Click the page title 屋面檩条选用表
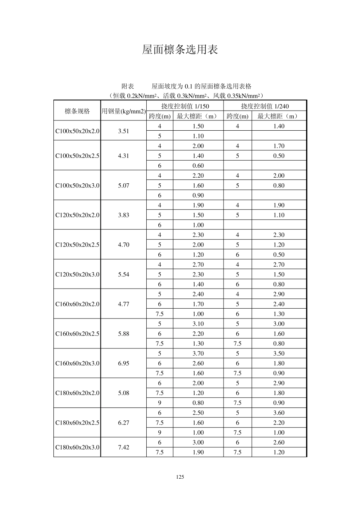tap(180, 50)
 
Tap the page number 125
tap(180, 477)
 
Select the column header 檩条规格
tap(77, 111)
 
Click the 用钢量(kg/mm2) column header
tap(124, 111)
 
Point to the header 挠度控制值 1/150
tap(185, 106)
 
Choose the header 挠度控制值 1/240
tap(265, 106)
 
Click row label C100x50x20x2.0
tap(77, 131)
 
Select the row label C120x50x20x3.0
tap(77, 274)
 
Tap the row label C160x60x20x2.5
tap(77, 334)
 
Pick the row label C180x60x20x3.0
tap(77, 447)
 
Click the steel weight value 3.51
tap(124, 131)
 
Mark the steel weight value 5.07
tap(124, 186)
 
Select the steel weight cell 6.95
tap(124, 363)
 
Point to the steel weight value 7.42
tap(124, 447)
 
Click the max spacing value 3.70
tap(198, 353)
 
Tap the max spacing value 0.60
tap(198, 166)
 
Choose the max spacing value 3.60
tap(279, 413)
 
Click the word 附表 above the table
tap(128, 86)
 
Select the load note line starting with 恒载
tap(186, 96)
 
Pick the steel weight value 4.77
tap(124, 304)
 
